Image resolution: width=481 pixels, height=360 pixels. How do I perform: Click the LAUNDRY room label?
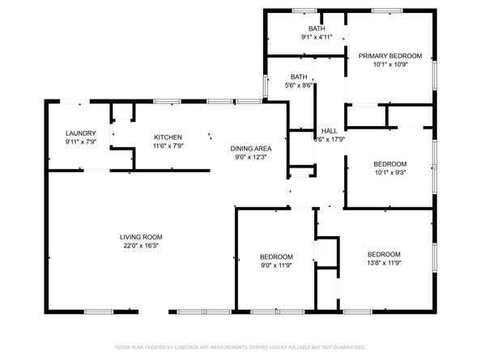click(x=81, y=134)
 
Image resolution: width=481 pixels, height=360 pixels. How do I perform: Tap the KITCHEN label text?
click(x=168, y=138)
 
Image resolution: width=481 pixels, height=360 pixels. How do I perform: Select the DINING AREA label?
click(x=250, y=149)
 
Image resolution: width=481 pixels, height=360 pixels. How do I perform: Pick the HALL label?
click(x=329, y=131)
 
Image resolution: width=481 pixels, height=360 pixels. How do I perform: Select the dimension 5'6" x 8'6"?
click(x=299, y=86)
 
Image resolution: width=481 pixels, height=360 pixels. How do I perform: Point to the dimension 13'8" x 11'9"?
click(x=384, y=262)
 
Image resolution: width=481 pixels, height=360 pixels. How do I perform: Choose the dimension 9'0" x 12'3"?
click(x=250, y=157)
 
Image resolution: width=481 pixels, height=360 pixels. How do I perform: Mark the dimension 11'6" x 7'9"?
click(x=168, y=146)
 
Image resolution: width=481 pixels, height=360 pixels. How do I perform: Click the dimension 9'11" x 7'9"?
click(x=81, y=143)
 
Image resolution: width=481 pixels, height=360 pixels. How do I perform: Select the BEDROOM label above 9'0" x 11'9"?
click(x=276, y=256)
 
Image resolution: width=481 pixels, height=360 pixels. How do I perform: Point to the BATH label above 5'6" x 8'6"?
click(x=299, y=78)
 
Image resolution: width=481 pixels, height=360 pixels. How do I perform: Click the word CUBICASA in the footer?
click(x=185, y=346)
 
